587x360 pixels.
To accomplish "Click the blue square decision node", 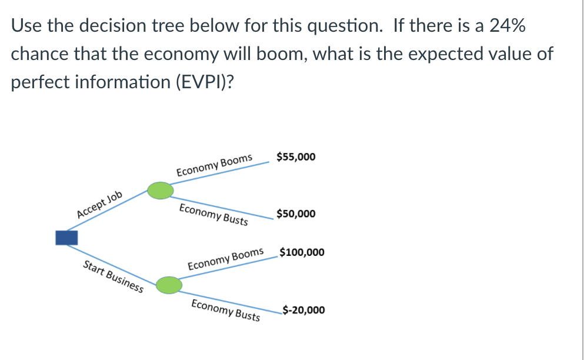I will [x=66, y=238].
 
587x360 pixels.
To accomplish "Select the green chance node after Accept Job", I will [x=160, y=191].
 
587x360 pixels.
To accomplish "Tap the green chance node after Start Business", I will [x=169, y=285].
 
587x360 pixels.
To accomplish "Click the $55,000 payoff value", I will [x=295, y=157].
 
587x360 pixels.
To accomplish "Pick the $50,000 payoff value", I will [x=295, y=214].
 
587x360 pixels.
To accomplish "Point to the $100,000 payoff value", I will [x=302, y=253].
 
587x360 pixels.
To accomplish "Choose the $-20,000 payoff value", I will [x=303, y=310].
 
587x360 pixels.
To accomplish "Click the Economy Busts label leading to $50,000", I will [x=214, y=215].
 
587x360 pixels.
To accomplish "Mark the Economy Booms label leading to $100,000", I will [x=225, y=259].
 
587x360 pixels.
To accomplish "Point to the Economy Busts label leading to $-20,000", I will [x=226, y=309].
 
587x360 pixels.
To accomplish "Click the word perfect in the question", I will [x=42, y=82].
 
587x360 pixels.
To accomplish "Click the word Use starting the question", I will [x=26, y=26].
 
